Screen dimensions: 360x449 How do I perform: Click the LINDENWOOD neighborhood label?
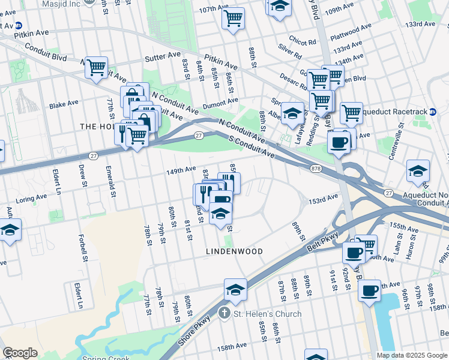pos(235,251)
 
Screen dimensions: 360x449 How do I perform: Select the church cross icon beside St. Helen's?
pos(224,313)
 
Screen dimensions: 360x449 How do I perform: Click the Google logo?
pos(20,353)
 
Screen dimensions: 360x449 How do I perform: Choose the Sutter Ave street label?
pos(163,59)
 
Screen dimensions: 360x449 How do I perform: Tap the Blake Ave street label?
pos(64,103)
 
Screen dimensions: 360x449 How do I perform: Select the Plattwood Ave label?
pos(354,29)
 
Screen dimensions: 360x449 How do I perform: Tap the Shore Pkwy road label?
pos(194,330)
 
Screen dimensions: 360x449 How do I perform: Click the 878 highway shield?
pos(315,169)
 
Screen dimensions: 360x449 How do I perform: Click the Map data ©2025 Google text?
pos(411,355)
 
